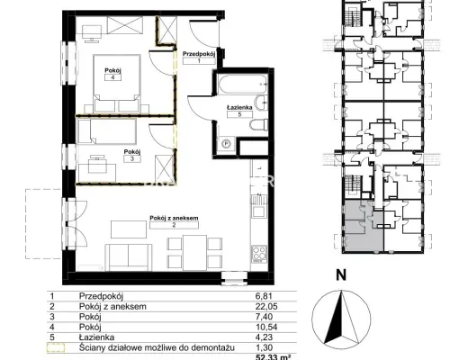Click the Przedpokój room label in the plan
pos(199,54)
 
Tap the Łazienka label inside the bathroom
pos(239,107)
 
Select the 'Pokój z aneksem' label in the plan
pos(174,218)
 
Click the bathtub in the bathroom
pos(243,84)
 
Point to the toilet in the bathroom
pos(258,124)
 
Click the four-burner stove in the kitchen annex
pos(259,254)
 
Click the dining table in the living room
pos(195,253)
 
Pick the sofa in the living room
pos(129,257)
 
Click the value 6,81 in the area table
pos(264,296)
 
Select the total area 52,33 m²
pos(273,357)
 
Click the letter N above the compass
pos(341,275)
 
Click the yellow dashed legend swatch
pos(56,347)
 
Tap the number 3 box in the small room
pos(132,158)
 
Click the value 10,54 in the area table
pos(266,327)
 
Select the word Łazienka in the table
pos(96,337)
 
